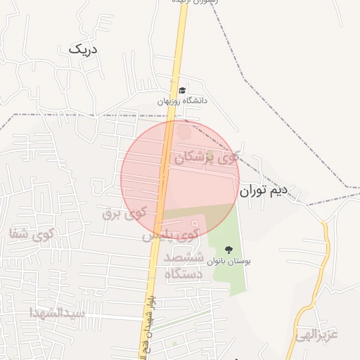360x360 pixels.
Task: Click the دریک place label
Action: (84, 49)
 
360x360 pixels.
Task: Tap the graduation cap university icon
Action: (182, 90)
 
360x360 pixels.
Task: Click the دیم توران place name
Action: (264, 190)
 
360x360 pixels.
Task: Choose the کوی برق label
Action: (124, 212)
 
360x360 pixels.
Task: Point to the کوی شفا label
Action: (29, 234)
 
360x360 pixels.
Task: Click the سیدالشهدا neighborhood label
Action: (58, 312)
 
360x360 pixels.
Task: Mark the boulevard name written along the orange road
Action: (149, 309)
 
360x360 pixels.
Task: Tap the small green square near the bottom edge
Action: (175, 345)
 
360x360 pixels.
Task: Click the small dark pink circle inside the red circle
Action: (184, 131)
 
